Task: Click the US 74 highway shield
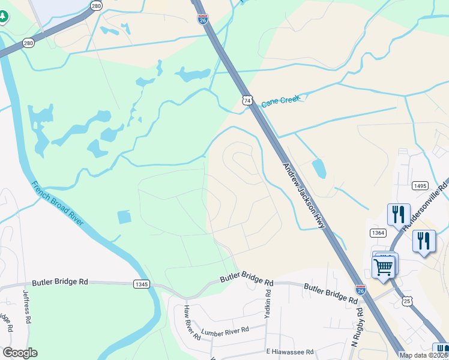247,100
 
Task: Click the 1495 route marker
420,186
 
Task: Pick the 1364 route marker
378,232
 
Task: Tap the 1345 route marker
142,284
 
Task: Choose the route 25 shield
408,301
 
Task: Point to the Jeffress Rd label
26,307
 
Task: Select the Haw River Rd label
191,322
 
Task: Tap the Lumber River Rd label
225,331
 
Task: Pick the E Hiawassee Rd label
290,352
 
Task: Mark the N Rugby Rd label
357,328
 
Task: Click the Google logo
20,353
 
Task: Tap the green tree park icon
3,16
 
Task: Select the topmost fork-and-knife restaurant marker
399,214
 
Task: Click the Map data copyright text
424,355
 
